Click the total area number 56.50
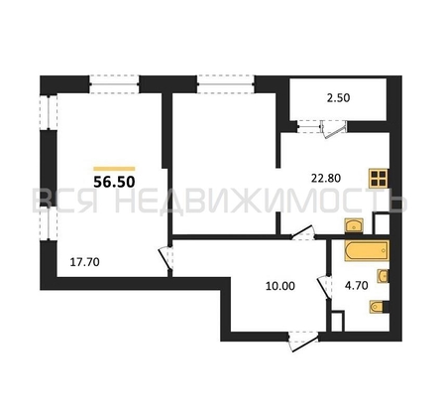coord(114,182)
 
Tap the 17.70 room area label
coord(85,262)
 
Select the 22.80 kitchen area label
coord(326,179)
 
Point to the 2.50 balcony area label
coord(338,98)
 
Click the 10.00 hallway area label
coord(280,286)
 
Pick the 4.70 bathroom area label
coord(357,285)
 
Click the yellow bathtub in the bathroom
coord(367,250)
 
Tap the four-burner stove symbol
coord(379,179)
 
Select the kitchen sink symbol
coord(354,226)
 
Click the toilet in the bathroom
coord(377,307)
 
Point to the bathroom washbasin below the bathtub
coord(384,276)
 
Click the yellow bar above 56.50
coord(114,169)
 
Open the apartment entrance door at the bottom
coord(303,342)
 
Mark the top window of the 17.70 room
coord(114,84)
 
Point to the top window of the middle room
coord(226,84)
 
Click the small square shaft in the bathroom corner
coord(337,321)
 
